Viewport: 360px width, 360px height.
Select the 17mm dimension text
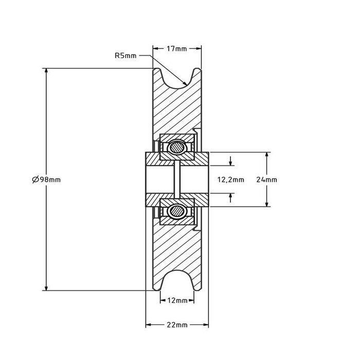click(x=177, y=49)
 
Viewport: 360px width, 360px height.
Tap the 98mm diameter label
click(x=46, y=179)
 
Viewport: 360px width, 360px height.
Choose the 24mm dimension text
click(x=266, y=179)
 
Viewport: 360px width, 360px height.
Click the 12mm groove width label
click(x=177, y=301)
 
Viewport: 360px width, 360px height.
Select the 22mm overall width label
click(x=177, y=326)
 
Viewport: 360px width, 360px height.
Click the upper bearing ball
click(x=177, y=148)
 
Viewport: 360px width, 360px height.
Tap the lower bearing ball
click(x=177, y=210)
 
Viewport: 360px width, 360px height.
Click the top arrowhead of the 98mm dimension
click(x=46, y=71)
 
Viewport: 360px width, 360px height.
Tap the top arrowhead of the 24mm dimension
click(x=266, y=155)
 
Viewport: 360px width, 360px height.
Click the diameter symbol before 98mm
click(x=34, y=179)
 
